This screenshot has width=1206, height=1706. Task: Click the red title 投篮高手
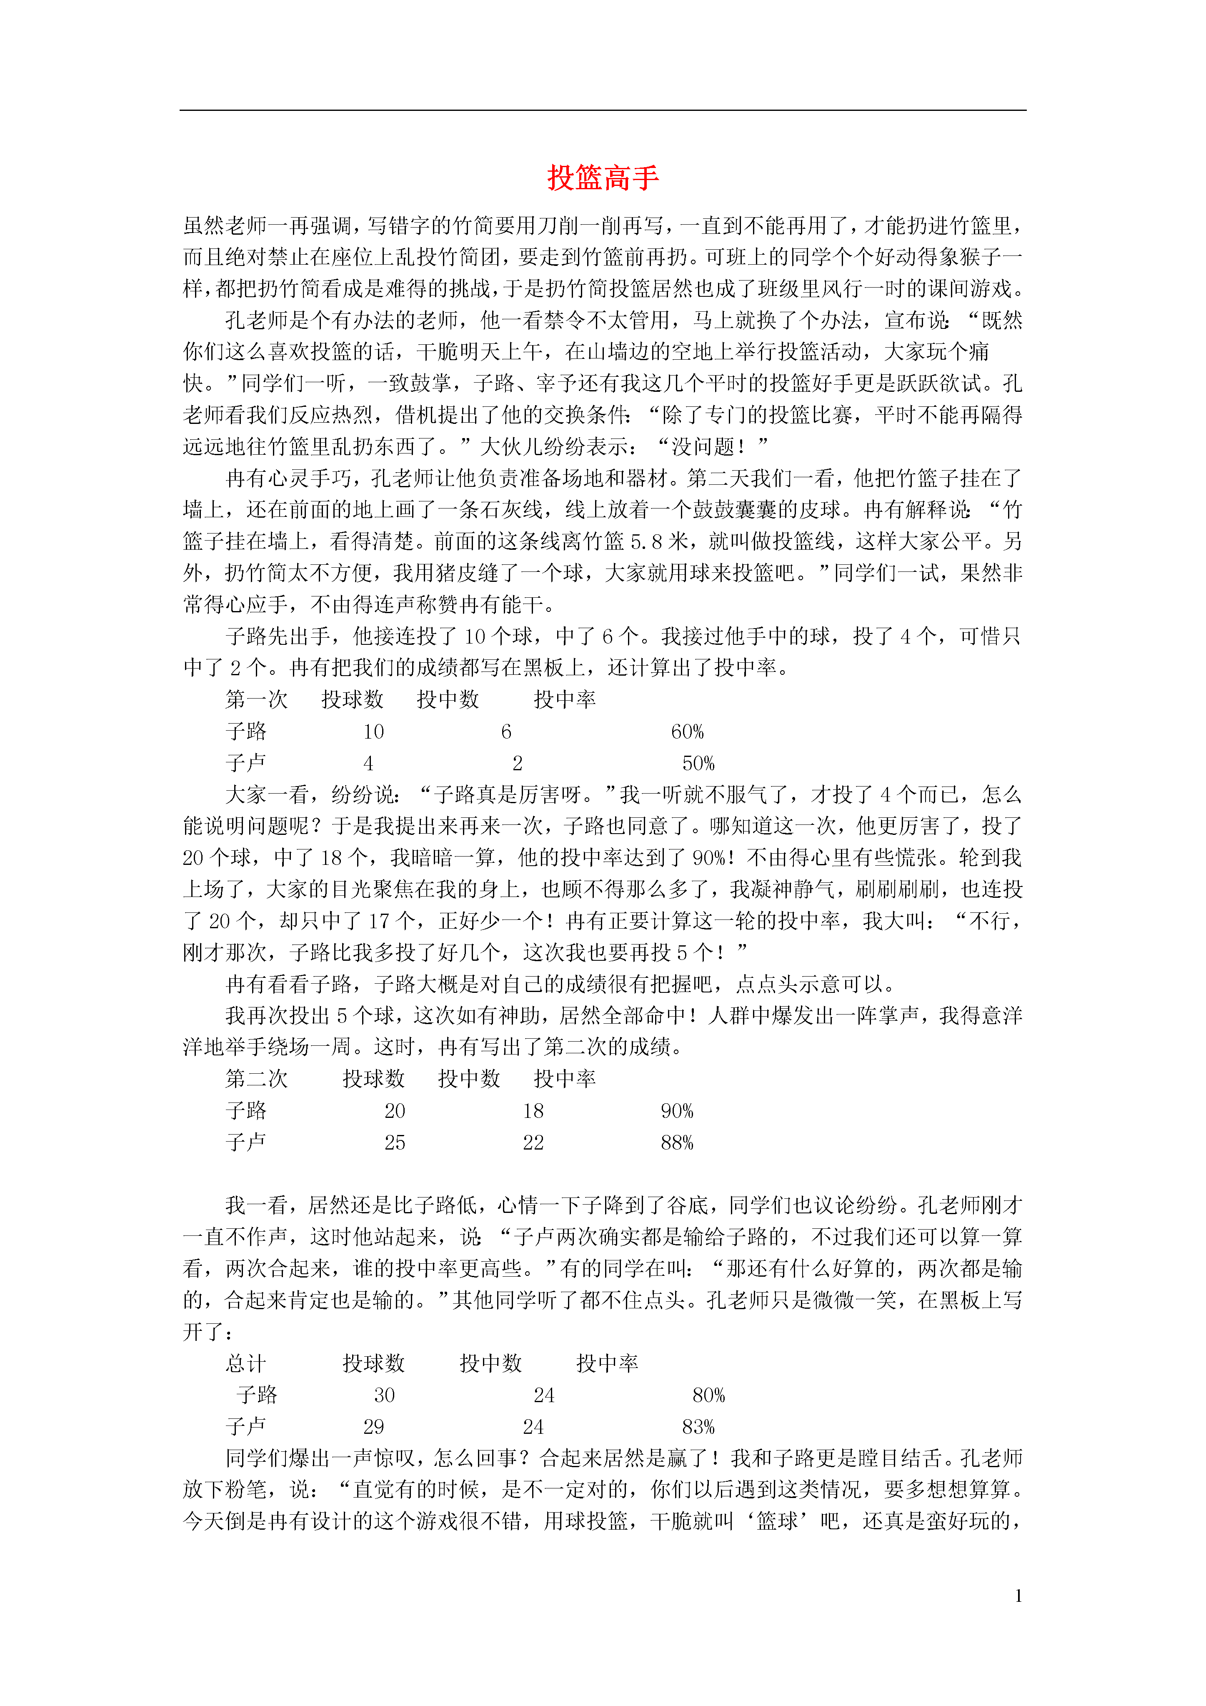(603, 178)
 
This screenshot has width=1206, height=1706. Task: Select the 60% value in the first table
(687, 732)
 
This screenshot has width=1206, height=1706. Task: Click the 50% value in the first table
(698, 764)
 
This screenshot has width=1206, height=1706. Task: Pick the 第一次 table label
(256, 700)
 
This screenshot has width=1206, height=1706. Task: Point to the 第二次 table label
(256, 1079)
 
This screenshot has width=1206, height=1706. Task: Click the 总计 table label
(246, 1363)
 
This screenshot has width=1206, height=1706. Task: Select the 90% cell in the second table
(677, 1111)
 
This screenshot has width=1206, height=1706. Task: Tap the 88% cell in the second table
(677, 1143)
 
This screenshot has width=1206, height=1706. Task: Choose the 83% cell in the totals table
(698, 1428)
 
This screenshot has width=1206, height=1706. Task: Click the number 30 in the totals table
(384, 1395)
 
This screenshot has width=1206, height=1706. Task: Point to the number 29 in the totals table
(374, 1428)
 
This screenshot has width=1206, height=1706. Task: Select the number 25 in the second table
(395, 1143)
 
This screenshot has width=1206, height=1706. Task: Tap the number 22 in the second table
(533, 1143)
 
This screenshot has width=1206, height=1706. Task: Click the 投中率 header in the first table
(565, 700)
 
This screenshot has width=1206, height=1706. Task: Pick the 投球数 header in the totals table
(374, 1363)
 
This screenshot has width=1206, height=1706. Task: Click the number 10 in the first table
(374, 732)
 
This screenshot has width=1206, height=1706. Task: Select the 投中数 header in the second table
(469, 1079)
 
